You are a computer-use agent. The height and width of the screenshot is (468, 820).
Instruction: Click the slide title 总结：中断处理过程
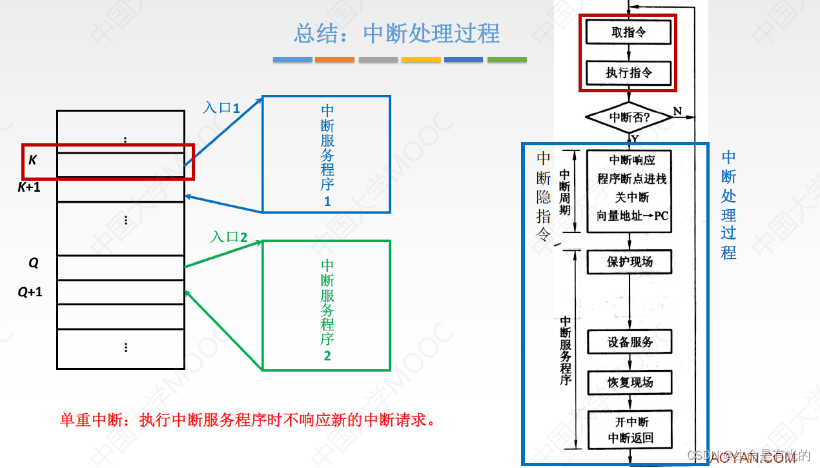point(396,34)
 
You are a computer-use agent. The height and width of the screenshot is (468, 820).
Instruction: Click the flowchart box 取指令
point(628,32)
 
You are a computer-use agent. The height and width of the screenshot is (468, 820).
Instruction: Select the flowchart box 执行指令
point(628,72)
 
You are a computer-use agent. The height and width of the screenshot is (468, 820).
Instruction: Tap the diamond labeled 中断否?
point(628,117)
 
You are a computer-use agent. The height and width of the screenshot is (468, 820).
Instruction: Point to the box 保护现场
point(629,261)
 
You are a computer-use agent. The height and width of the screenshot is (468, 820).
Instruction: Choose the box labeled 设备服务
point(630,342)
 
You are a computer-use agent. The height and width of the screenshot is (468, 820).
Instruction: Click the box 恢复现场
point(630,382)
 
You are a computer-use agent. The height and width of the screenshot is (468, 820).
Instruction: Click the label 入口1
point(221,108)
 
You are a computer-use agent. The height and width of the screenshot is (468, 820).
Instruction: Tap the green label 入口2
point(229,237)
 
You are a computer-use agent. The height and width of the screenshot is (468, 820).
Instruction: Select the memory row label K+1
point(29,188)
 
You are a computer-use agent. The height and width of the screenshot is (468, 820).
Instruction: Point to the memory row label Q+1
point(30,292)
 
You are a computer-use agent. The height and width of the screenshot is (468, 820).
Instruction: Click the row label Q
point(34,263)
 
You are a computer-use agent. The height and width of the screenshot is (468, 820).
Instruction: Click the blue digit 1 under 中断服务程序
point(327,201)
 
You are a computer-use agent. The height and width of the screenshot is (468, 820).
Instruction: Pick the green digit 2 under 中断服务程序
point(327,356)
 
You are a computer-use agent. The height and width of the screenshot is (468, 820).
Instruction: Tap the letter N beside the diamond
point(677,112)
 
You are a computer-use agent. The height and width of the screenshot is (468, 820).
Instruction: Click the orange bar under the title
point(334,59)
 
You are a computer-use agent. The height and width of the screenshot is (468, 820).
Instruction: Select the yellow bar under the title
point(421,59)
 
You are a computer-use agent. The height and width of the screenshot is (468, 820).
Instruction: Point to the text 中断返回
point(630,438)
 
